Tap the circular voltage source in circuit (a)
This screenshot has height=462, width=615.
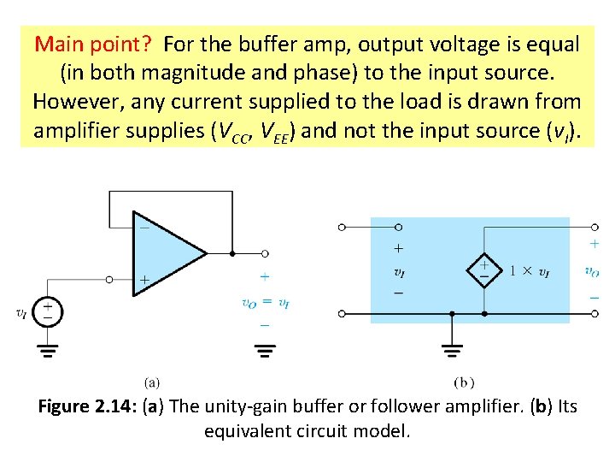tap(48, 312)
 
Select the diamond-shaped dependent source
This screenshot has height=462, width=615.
tap(483, 271)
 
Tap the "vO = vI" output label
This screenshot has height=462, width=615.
tap(265, 302)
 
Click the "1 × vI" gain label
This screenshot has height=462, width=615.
tap(530, 271)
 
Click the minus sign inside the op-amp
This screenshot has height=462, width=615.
tap(143, 228)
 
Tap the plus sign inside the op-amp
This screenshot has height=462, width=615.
tap(143, 280)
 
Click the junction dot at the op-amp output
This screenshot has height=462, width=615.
tap(232, 253)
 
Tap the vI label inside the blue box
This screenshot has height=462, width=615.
tap(399, 272)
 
